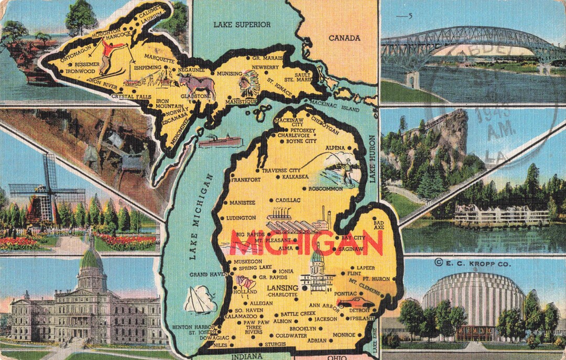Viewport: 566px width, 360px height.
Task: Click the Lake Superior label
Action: point(242,24)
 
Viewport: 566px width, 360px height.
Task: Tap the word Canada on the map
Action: point(344,38)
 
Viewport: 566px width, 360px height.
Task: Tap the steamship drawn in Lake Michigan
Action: point(221,141)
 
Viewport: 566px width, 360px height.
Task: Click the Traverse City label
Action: point(281,170)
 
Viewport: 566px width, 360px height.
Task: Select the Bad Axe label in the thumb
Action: point(379,224)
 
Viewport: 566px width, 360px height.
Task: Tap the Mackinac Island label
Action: point(342,106)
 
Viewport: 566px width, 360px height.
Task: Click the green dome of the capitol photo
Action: point(91,259)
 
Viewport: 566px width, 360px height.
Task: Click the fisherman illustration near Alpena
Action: point(346,168)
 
